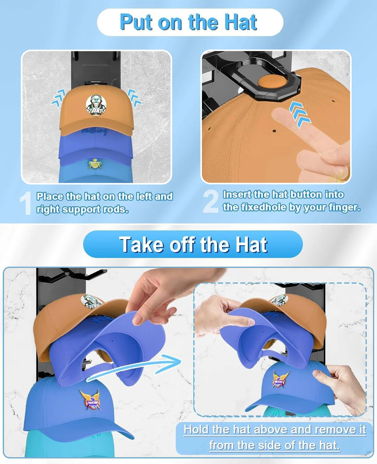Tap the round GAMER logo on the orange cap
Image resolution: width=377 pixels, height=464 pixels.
coord(96,105)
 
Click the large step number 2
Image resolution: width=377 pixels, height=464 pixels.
coord(211,201)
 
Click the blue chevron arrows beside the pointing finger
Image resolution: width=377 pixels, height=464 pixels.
coord(300,114)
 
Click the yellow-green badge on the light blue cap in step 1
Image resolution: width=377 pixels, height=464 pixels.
coord(95,164)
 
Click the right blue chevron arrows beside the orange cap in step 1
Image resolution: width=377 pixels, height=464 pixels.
coord(135,98)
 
